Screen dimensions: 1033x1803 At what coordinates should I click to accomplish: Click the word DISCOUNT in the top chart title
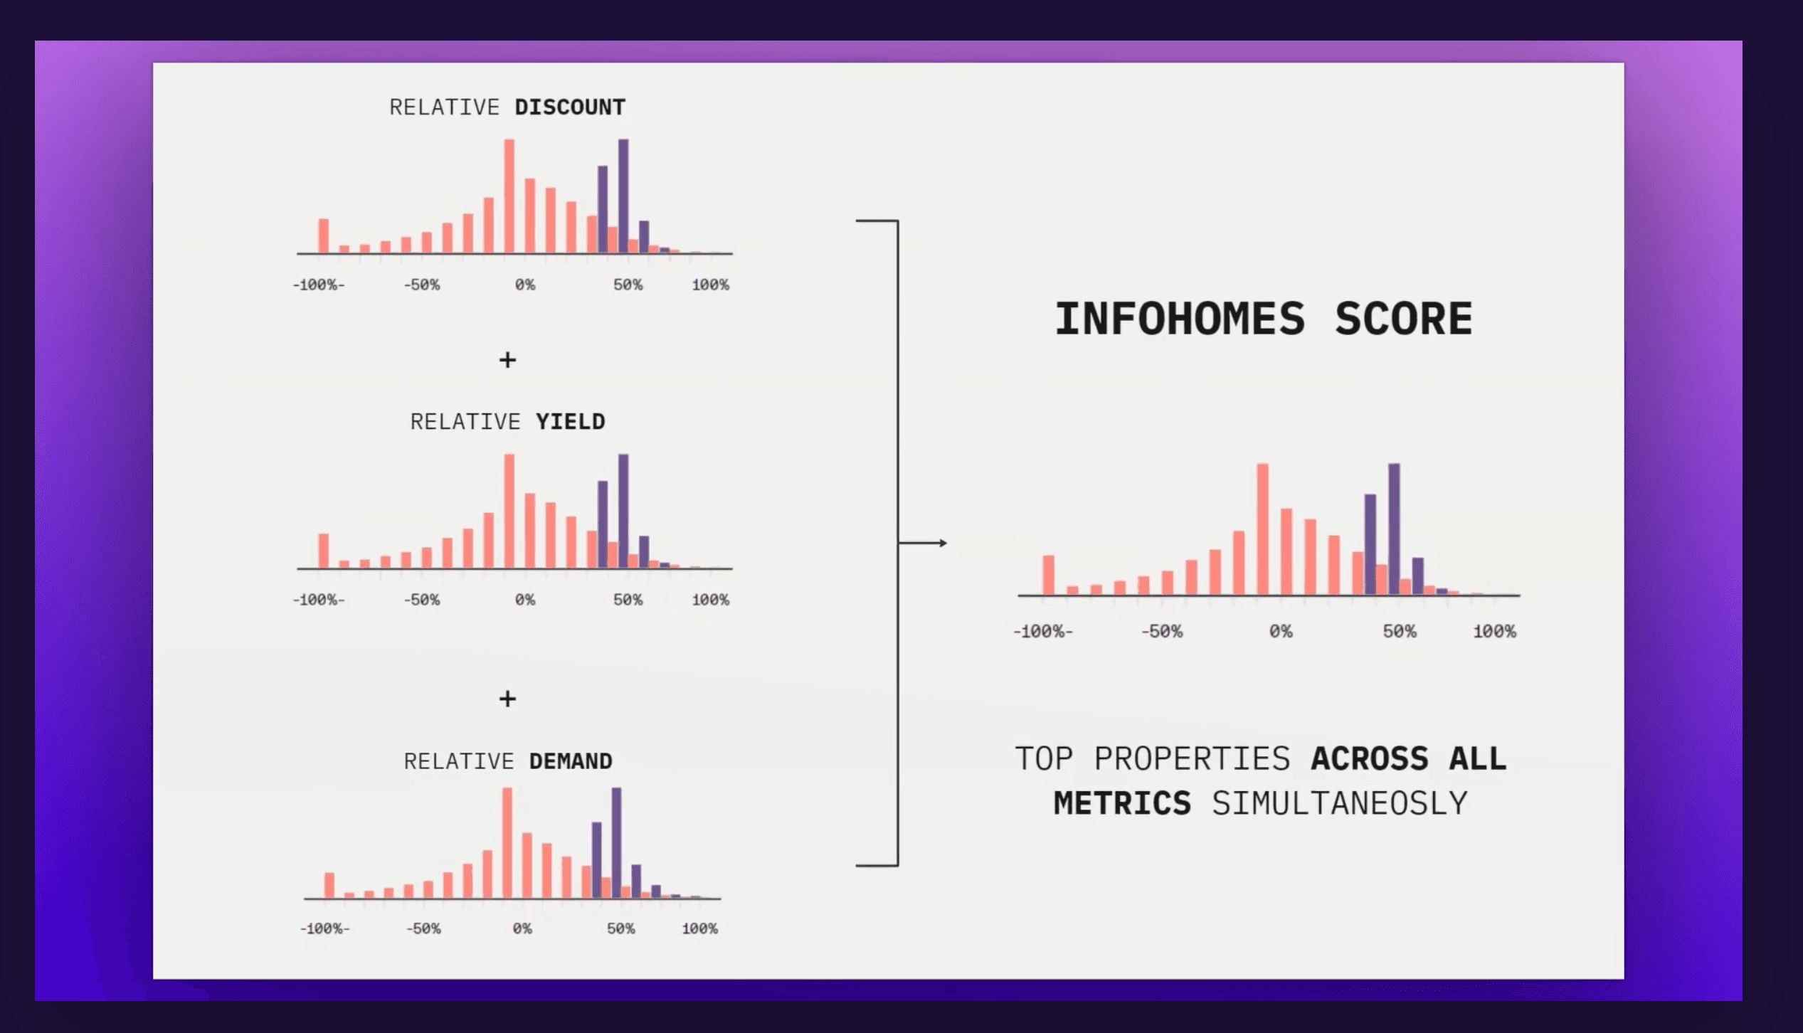570,107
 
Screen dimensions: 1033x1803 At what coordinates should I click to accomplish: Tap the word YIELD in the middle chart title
570,422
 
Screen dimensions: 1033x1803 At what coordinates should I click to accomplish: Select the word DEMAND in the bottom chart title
571,761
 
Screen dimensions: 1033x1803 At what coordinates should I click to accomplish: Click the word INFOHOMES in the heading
1180,319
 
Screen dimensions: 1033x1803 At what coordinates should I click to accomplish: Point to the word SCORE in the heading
1403,319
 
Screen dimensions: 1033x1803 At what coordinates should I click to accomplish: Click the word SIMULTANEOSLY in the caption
1339,803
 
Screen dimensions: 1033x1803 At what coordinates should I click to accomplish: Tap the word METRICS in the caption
1122,803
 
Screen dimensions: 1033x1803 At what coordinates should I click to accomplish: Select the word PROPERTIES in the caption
1192,758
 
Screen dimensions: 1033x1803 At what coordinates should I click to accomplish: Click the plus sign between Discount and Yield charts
507,360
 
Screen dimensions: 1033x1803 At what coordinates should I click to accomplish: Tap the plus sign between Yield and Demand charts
507,699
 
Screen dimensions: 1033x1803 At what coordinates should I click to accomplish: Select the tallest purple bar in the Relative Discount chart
623,196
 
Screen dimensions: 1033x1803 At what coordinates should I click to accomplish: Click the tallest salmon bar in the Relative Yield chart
509,511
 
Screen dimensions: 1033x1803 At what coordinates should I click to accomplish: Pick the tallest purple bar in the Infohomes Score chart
1394,529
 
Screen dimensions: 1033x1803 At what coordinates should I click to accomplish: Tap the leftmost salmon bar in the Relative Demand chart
329,885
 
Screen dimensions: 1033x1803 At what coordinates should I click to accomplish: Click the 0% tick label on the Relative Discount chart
525,285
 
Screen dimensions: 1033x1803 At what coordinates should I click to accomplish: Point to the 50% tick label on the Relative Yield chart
628,600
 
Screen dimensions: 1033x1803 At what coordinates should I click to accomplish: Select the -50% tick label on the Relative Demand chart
423,928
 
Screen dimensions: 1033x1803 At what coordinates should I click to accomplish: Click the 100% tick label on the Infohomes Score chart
1494,631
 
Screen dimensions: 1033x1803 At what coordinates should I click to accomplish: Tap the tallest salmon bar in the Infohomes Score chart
1262,529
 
